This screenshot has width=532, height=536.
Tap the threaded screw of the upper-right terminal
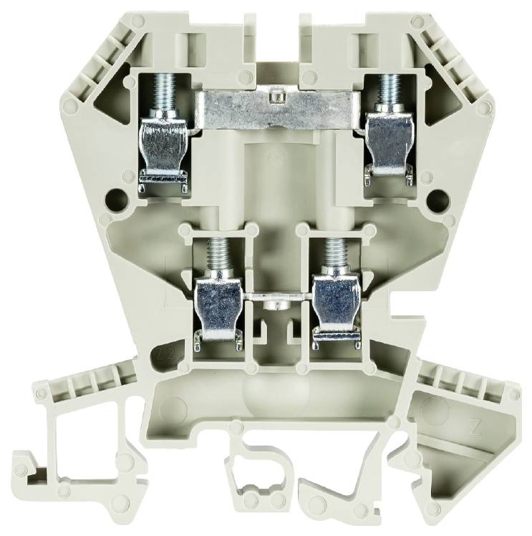pos(390,90)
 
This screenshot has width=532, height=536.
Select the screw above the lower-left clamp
pos(214,254)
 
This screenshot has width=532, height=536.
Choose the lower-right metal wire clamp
pos(337,308)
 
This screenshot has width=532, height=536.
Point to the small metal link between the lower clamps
pos(276,295)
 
